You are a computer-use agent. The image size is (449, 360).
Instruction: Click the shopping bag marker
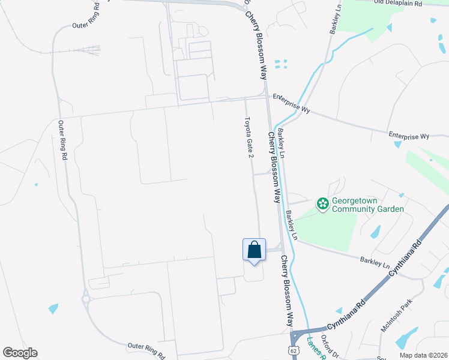pyautogui.click(x=254, y=250)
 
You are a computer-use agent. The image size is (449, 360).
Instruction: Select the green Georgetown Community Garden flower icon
pyautogui.click(x=323, y=205)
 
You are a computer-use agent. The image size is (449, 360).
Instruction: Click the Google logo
pyautogui.click(x=20, y=352)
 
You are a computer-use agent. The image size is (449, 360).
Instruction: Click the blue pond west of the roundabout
pyautogui.click(x=53, y=308)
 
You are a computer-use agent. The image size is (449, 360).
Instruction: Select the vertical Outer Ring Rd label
pyautogui.click(x=62, y=140)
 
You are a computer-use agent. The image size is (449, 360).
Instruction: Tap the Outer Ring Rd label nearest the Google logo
pyautogui.click(x=146, y=350)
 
